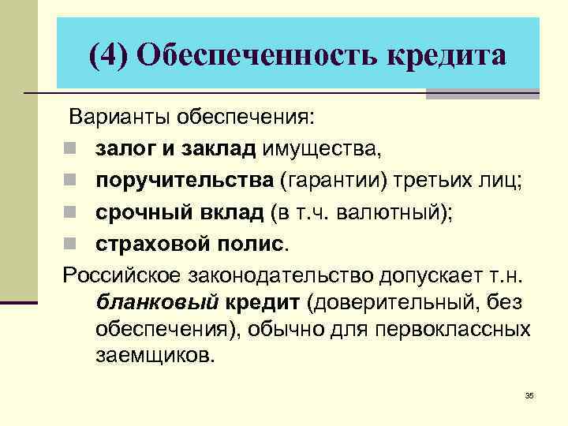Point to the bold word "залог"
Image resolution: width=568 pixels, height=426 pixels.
click(x=124, y=148)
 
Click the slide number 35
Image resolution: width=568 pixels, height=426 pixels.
click(x=529, y=395)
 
